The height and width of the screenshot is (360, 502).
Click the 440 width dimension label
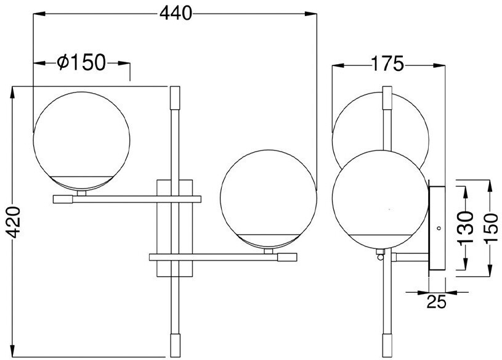pyautogui.click(x=176, y=14)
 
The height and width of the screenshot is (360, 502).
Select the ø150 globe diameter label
pyautogui.click(x=81, y=62)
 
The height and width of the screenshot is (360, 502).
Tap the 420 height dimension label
pyautogui.click(x=14, y=223)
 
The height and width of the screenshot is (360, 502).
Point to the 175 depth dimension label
pyautogui.click(x=387, y=63)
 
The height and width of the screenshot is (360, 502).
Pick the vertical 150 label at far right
pyautogui.click(x=491, y=229)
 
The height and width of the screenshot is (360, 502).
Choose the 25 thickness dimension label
pyautogui.click(x=436, y=301)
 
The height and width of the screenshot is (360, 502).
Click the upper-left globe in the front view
pyautogui.click(x=82, y=141)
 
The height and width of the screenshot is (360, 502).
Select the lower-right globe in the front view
pyautogui.click(x=269, y=199)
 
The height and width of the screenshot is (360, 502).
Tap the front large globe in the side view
pyautogui.click(x=380, y=199)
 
